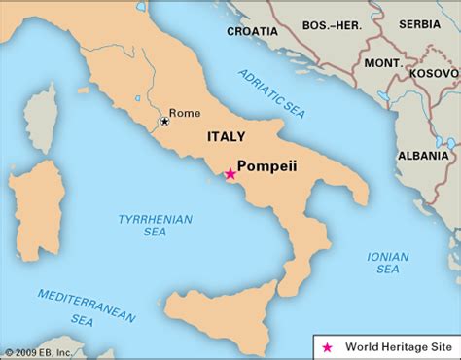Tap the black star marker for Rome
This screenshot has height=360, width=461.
tap(165, 122)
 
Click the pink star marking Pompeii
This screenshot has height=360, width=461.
tap(230, 174)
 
